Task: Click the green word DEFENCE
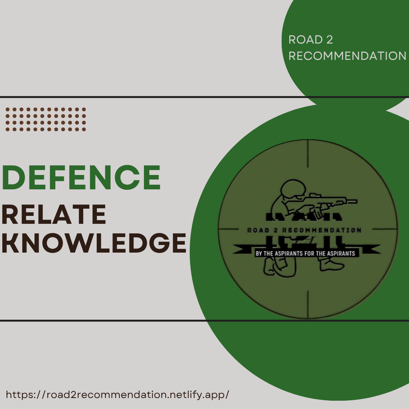(81, 178)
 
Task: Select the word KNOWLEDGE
(94, 243)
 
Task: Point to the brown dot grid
(46, 119)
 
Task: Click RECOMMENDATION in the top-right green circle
(347, 56)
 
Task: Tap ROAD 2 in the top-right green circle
(311, 40)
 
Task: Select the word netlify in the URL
(183, 394)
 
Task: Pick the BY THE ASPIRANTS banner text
(305, 253)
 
